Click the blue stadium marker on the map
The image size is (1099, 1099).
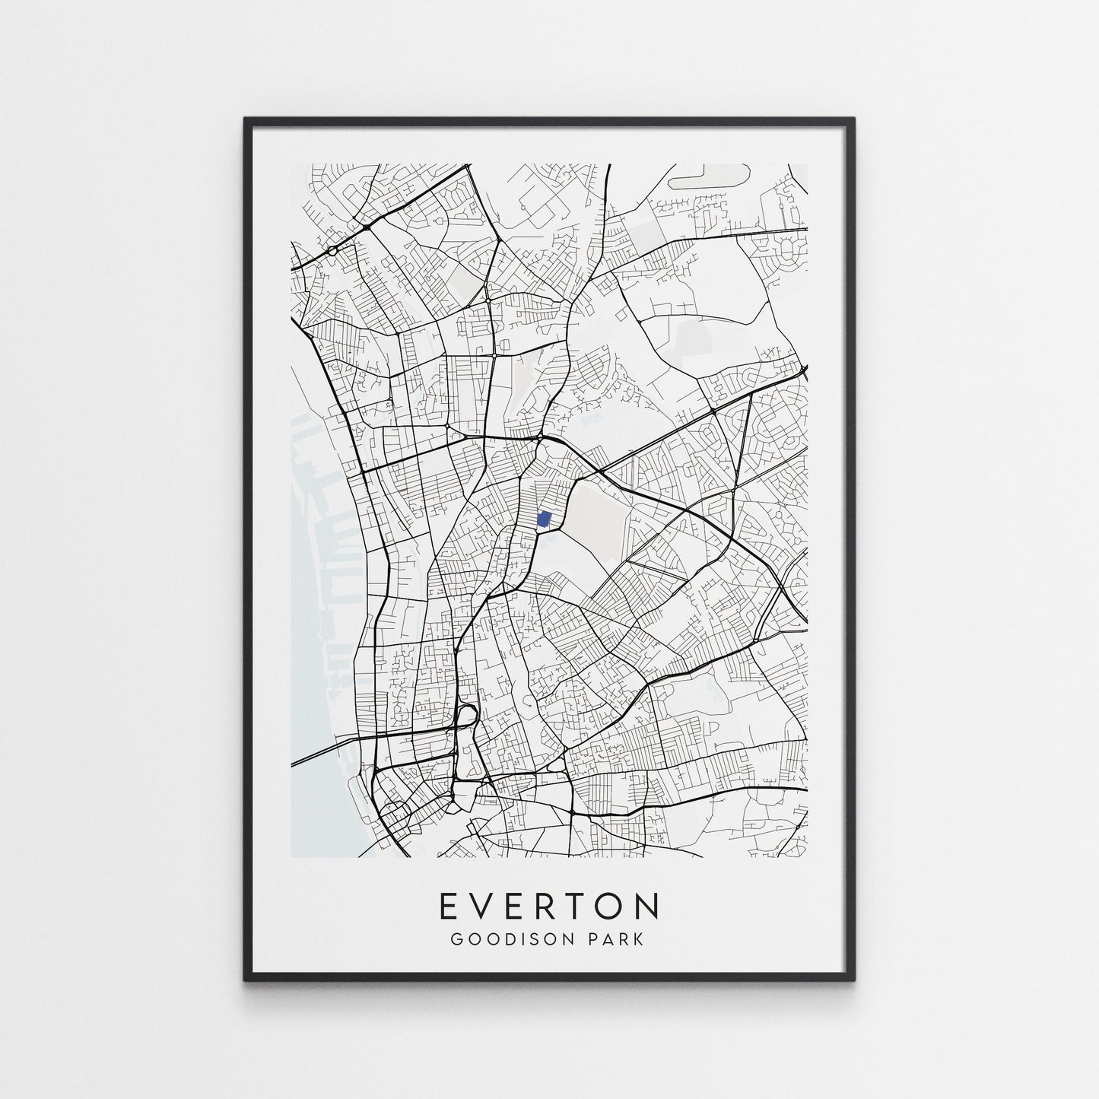pyautogui.click(x=544, y=519)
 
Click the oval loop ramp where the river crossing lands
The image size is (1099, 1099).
pyautogui.click(x=466, y=714)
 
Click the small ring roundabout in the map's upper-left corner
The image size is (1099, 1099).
pyautogui.click(x=332, y=249)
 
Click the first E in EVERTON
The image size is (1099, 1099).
pyautogui.click(x=449, y=906)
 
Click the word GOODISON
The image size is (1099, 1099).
pyautogui.click(x=504, y=939)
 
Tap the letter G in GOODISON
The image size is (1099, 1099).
pyautogui.click(x=456, y=939)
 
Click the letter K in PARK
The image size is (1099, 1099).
pyautogui.click(x=638, y=939)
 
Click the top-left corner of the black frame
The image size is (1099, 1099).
pyautogui.click(x=246, y=119)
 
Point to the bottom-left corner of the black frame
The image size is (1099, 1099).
pyautogui.click(x=246, y=978)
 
